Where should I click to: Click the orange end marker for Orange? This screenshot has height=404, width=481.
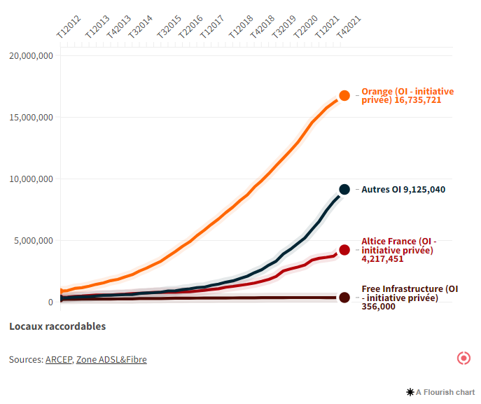(344, 96)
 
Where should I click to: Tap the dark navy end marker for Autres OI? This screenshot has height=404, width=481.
(344, 189)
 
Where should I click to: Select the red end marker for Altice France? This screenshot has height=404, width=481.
(344, 250)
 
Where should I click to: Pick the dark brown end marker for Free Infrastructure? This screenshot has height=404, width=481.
(344, 298)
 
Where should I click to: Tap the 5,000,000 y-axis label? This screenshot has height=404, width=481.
(33, 241)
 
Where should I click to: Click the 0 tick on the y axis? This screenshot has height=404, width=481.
(50, 302)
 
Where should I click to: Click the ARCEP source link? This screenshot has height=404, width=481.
(59, 359)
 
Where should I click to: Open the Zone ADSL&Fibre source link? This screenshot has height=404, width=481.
(111, 359)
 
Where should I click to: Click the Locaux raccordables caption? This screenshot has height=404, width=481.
(57, 326)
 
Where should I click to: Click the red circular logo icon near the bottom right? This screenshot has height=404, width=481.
(463, 358)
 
